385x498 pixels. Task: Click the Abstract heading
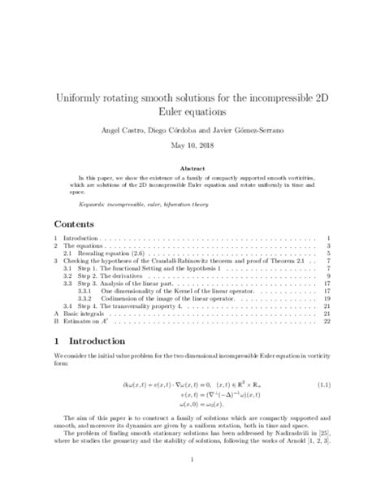pos(192,164)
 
